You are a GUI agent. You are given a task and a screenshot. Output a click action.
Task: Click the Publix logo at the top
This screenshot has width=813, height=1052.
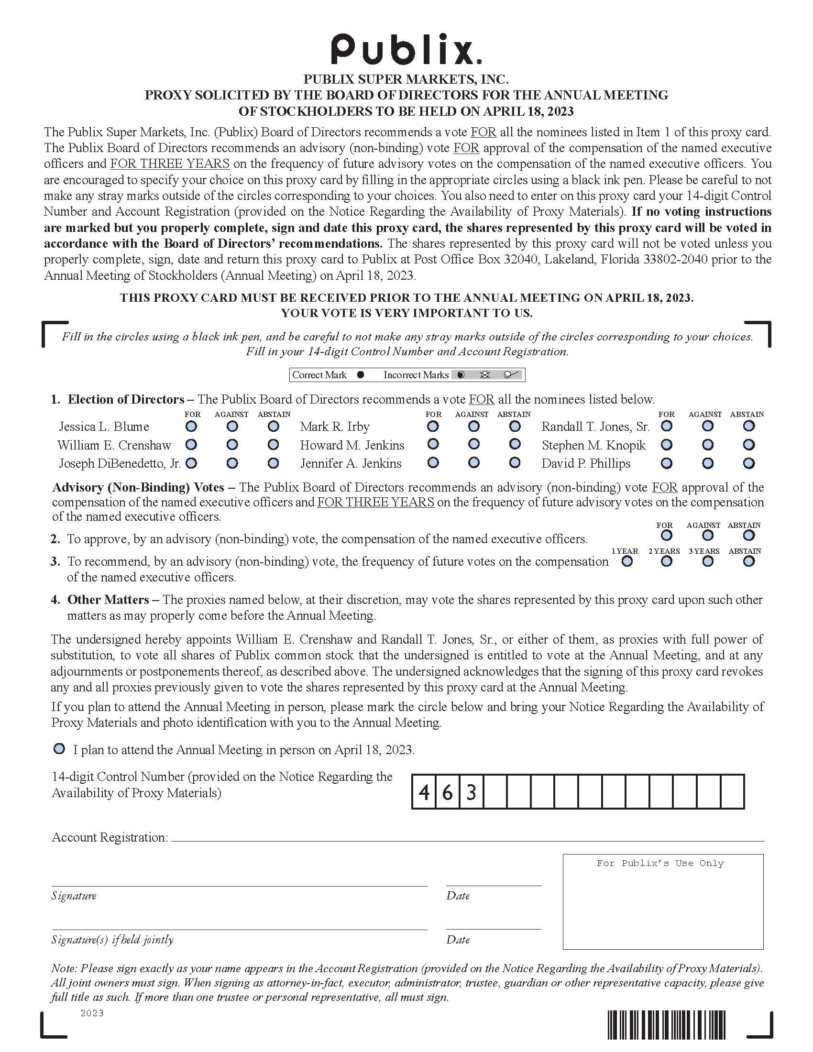(x=406, y=49)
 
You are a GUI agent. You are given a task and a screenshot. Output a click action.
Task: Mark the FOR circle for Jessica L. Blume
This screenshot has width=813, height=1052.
(x=192, y=426)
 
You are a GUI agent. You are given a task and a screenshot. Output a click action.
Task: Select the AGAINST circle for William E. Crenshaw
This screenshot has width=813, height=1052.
(x=232, y=445)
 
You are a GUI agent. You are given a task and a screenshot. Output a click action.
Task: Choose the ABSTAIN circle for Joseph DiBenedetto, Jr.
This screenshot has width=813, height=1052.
(x=273, y=463)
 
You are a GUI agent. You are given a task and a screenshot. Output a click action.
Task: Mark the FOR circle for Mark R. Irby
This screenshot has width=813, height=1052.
(x=433, y=426)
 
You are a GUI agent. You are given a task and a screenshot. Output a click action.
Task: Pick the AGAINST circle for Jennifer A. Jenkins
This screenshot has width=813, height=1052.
(x=474, y=463)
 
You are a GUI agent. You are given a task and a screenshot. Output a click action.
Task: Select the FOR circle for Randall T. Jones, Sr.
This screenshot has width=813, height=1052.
(x=667, y=426)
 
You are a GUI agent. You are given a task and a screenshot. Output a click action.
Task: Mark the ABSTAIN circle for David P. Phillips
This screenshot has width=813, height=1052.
(x=748, y=463)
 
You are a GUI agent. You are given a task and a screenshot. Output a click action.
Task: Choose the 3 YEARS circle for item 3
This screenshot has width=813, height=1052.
(x=707, y=561)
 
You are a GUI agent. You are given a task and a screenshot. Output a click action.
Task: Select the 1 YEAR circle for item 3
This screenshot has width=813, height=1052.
(x=627, y=561)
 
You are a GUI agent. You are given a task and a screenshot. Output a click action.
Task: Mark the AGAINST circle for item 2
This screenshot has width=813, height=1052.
(x=707, y=535)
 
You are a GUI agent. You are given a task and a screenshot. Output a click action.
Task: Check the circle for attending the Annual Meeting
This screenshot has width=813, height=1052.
(x=59, y=749)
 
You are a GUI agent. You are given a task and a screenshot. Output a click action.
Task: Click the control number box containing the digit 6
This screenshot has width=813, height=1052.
(x=448, y=792)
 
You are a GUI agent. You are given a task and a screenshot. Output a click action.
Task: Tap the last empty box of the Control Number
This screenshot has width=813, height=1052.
(x=732, y=792)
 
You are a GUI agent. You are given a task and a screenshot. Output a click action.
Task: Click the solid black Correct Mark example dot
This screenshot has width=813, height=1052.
(x=360, y=375)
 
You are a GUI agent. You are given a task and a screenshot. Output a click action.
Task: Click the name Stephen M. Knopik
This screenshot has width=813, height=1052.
(x=593, y=445)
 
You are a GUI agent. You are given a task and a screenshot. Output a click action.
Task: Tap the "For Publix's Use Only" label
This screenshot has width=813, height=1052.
(x=660, y=863)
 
